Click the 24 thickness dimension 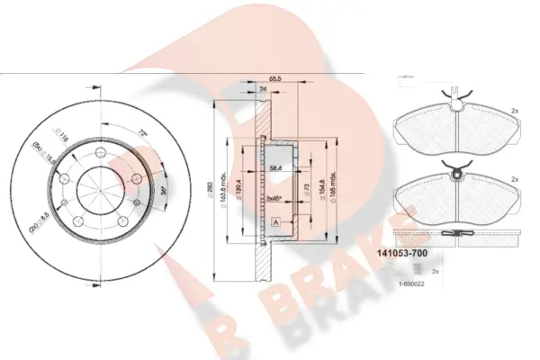tap(263, 90)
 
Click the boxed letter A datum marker tap(274, 222)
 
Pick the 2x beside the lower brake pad tap(514, 180)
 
